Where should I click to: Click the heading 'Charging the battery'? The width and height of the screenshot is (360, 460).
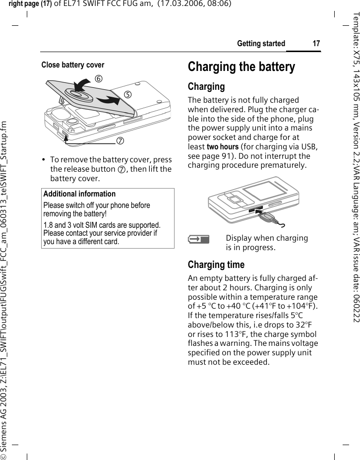pos(241,67)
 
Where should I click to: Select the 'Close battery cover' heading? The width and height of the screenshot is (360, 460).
pos(73,65)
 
